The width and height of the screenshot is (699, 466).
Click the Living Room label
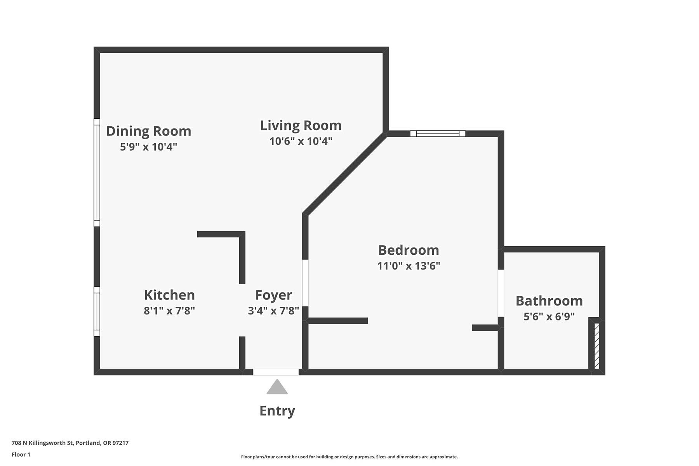pos(301,125)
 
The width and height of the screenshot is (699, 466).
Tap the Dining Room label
pos(149,131)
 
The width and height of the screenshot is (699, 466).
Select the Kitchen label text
pos(169,295)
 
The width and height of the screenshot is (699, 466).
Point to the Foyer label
pos(273,296)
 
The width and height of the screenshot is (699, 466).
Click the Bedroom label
pos(409,250)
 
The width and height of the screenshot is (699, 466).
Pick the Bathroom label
pos(549,301)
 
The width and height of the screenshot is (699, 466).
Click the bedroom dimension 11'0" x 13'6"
pos(409,266)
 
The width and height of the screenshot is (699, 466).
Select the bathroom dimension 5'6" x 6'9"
pos(549,316)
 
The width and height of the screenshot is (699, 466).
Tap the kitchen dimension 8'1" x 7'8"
pos(169,311)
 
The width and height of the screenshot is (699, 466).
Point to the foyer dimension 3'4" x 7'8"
pos(273,311)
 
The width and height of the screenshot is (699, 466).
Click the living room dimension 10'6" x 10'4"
pos(301,141)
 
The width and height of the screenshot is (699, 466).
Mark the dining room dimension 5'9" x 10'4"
pos(149,147)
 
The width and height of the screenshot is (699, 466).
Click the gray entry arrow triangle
pos(277,387)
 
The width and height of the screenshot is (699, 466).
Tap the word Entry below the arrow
pos(277,411)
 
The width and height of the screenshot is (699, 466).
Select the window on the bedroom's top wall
pos(438,134)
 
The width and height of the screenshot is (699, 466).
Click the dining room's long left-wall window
pos(97,172)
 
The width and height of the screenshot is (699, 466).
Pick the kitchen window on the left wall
pos(97,311)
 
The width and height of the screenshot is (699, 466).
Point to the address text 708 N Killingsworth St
pos(43,443)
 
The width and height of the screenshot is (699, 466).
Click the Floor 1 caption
pos(21,454)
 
